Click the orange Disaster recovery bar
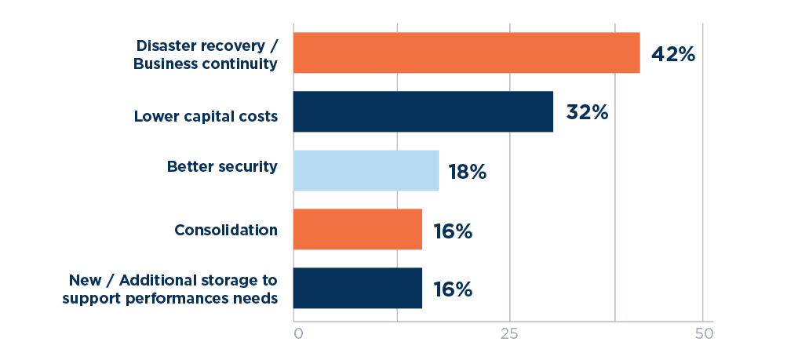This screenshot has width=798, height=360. pyautogui.click(x=466, y=53)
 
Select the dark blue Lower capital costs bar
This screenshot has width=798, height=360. pyautogui.click(x=423, y=111)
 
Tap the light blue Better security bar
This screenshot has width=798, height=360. pyautogui.click(x=366, y=170)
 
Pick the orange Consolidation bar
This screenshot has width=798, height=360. pyautogui.click(x=358, y=229)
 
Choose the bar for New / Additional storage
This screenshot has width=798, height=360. pyautogui.click(x=358, y=288)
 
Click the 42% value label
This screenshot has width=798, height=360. pyautogui.click(x=673, y=54)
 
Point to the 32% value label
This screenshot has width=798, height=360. pyautogui.click(x=587, y=113)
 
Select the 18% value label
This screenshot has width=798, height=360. pyautogui.click(x=467, y=172)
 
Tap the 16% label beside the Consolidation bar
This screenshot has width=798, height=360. pyautogui.click(x=452, y=231)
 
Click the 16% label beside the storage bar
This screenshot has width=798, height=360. pyautogui.click(x=452, y=289)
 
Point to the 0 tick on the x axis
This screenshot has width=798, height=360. pyautogui.click(x=298, y=333)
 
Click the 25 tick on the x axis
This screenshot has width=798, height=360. pyautogui.click(x=510, y=333)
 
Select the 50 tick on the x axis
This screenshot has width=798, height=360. pyautogui.click(x=704, y=333)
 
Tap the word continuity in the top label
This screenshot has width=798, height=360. pyautogui.click(x=240, y=64)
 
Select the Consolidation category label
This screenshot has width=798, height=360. pyautogui.click(x=226, y=230)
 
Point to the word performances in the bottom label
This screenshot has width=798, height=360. pyautogui.click(x=194, y=298)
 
